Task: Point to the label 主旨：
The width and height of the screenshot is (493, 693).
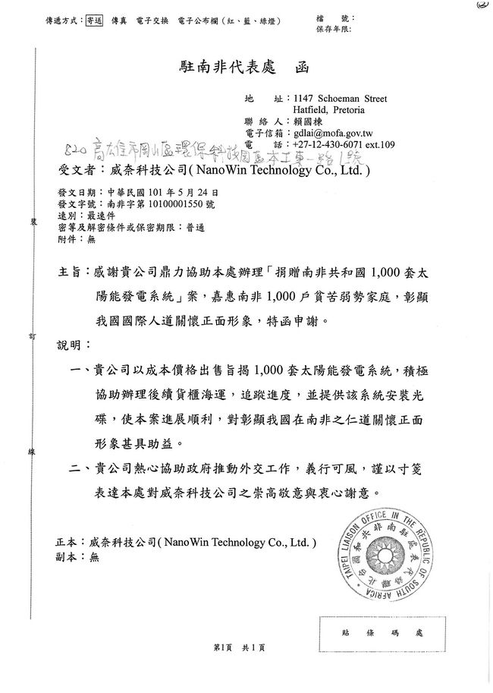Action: click(72, 271)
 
